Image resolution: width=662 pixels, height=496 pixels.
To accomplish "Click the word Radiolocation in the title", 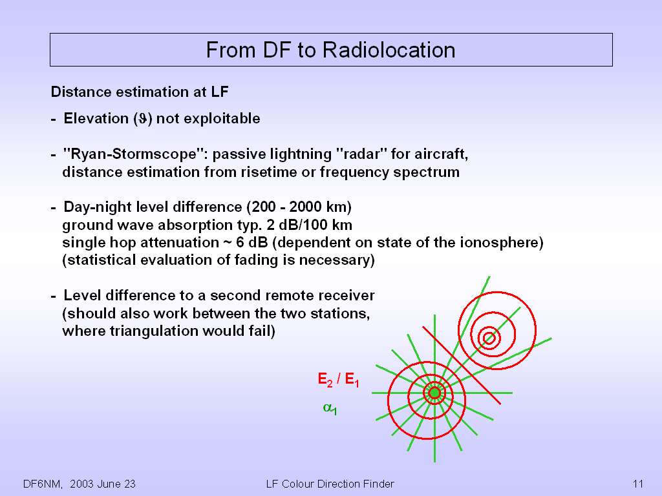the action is (x=389, y=50).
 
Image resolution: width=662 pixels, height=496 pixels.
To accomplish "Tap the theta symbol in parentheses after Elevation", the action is (x=143, y=119).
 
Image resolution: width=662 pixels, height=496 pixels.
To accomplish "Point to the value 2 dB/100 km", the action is (x=310, y=225).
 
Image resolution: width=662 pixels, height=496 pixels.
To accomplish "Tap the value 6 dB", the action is (x=251, y=243).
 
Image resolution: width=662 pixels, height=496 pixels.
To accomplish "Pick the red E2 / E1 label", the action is (x=338, y=380).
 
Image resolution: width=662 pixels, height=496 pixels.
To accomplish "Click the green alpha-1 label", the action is (x=330, y=408).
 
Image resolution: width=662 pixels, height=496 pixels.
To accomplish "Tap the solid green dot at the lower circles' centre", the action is (x=434, y=393).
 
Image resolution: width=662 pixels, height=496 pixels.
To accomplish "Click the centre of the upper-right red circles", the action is (x=489, y=338).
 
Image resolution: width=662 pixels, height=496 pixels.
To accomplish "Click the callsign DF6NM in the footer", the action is (x=43, y=484).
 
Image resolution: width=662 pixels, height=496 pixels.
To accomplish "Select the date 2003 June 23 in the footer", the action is (x=103, y=484).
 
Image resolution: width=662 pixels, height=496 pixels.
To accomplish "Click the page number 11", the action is (x=637, y=484).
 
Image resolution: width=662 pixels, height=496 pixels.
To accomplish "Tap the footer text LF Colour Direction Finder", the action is (x=330, y=484).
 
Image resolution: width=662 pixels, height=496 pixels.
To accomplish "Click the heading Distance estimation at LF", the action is (x=140, y=92).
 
